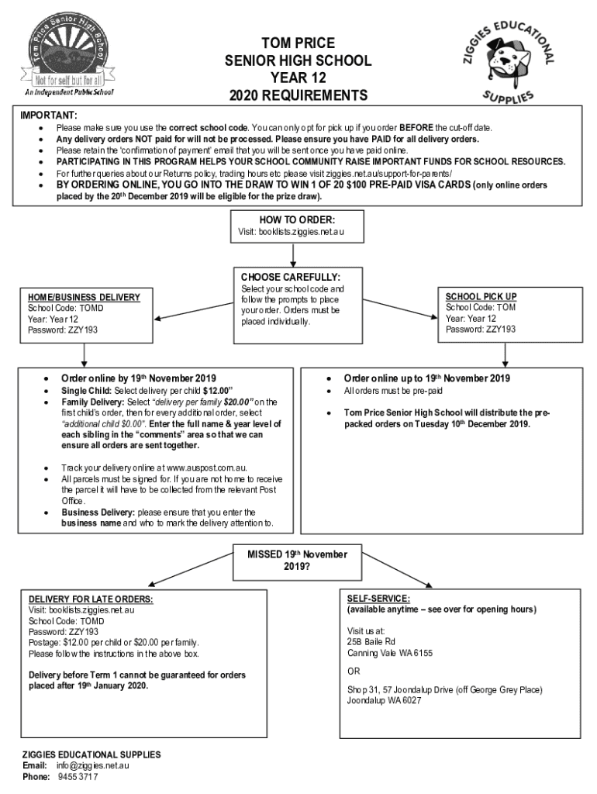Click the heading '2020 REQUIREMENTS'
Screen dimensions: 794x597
(x=298, y=95)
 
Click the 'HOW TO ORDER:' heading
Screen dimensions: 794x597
(x=298, y=219)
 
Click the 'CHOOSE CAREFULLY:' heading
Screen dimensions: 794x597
(x=291, y=277)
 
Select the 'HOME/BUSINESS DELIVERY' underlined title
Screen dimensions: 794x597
(x=84, y=297)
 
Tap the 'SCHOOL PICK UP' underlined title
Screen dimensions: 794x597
(x=481, y=296)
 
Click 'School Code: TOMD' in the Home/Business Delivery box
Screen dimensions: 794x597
(x=65, y=308)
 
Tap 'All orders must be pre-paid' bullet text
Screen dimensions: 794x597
(x=393, y=391)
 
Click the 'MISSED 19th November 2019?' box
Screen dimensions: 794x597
(x=297, y=559)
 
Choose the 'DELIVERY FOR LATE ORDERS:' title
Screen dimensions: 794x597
(x=91, y=599)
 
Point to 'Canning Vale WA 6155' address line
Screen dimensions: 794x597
(x=389, y=653)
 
